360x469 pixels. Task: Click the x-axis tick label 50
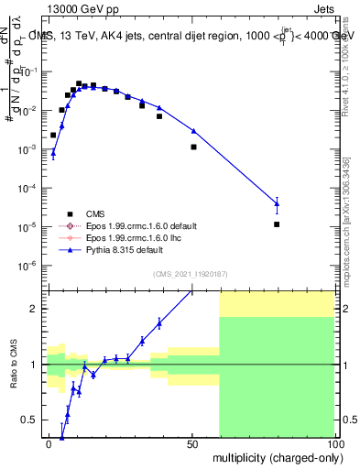[x=192, y=443]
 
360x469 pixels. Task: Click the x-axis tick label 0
[x=49, y=443]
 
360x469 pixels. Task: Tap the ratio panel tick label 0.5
[x=32, y=420]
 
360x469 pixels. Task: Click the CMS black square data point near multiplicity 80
[x=277, y=224]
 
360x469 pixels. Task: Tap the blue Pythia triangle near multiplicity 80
[x=277, y=203]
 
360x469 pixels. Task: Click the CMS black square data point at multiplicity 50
[x=193, y=147]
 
